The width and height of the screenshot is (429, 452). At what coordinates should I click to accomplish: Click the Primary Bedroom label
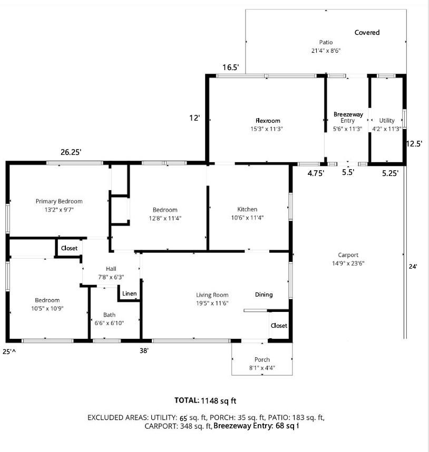(59, 201)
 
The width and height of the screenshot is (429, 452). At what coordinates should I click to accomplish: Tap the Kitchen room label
(247, 209)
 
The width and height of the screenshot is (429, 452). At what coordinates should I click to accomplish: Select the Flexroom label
(268, 121)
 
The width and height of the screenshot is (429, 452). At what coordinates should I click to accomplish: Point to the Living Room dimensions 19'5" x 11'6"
(212, 303)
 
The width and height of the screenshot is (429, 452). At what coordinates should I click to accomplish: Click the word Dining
(264, 294)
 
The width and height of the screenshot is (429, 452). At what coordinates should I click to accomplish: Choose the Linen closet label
(130, 293)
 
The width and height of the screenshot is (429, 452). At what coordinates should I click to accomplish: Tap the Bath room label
(109, 315)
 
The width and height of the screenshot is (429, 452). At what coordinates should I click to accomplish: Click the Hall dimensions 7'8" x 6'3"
(111, 277)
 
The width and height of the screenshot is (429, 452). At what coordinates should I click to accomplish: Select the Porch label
(262, 359)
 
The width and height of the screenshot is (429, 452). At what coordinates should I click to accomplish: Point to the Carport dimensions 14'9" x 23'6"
(348, 263)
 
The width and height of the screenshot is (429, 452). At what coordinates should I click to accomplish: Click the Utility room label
(387, 121)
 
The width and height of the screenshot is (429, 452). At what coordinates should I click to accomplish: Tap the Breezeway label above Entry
(348, 114)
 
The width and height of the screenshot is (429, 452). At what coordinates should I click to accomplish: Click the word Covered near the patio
(367, 33)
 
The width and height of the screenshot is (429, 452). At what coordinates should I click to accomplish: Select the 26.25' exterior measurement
(71, 152)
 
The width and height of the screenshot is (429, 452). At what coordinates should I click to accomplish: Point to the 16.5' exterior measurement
(231, 67)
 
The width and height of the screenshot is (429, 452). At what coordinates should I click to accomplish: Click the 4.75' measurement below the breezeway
(316, 173)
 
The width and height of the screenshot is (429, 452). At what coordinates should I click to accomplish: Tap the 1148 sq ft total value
(219, 401)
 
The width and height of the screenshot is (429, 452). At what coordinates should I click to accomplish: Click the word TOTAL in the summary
(187, 400)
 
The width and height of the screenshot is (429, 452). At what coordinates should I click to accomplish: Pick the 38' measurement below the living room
(144, 350)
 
